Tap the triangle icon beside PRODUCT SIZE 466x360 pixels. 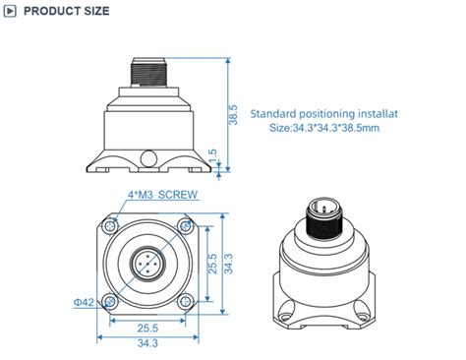coord(11,12)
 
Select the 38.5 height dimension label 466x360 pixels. coord(233,114)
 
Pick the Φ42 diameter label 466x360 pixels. coord(85,302)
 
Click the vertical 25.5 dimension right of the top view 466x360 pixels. coord(211,263)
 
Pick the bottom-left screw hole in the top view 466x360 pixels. coord(111,299)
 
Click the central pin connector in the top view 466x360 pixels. coord(146,264)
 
